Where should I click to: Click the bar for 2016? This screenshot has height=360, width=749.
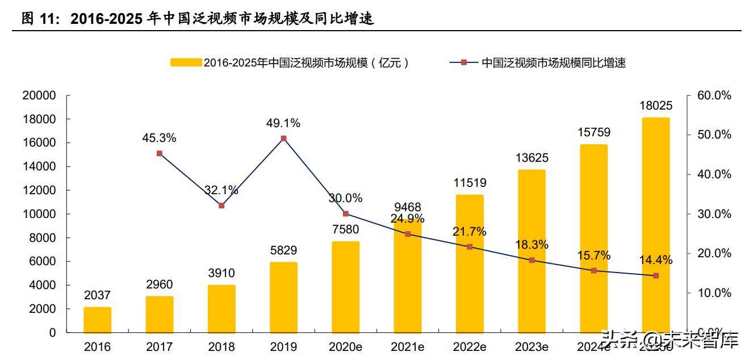pyautogui.click(x=97, y=320)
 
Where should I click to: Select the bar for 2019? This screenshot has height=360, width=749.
pyautogui.click(x=283, y=297)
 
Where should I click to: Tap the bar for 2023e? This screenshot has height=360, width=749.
pyautogui.click(x=532, y=251)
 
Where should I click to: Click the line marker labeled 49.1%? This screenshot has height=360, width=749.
pyautogui.click(x=283, y=139)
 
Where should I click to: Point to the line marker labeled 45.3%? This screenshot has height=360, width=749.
pyautogui.click(x=160, y=153)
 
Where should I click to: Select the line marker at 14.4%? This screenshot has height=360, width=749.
pyautogui.click(x=656, y=275)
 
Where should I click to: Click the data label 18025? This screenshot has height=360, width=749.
pyautogui.click(x=656, y=106)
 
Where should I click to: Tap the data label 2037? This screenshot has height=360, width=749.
pyautogui.click(x=97, y=295)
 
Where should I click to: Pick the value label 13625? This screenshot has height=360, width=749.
pyautogui.click(x=532, y=158)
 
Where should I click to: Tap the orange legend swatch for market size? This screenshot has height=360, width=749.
pyautogui.click(x=186, y=63)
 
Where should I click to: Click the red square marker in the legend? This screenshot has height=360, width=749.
pyautogui.click(x=463, y=63)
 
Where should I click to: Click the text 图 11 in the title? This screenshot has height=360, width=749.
pyautogui.click(x=40, y=19)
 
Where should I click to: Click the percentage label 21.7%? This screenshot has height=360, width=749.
pyautogui.click(x=470, y=232)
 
